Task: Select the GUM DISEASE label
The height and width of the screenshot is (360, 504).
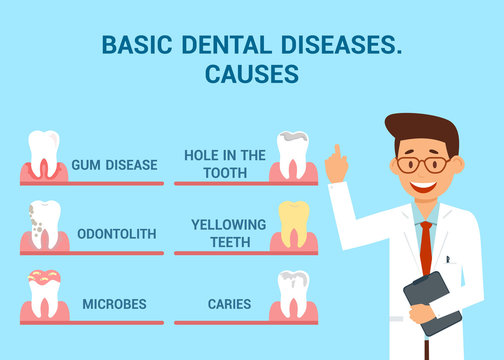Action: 114,165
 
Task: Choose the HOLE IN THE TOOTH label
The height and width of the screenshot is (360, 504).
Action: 225,163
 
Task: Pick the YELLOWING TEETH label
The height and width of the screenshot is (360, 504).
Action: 229,232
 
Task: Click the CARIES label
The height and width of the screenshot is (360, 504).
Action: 229,303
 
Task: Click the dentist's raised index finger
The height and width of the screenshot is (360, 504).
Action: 337,152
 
